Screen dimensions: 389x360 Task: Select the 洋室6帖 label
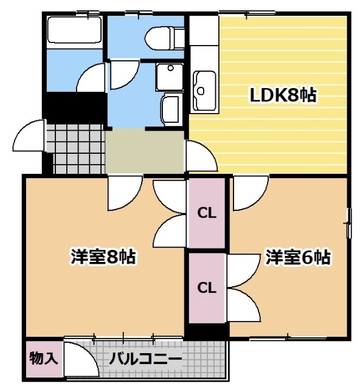(x=297, y=257)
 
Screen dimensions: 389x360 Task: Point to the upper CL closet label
(x=207, y=213)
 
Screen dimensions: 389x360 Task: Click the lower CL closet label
(x=207, y=287)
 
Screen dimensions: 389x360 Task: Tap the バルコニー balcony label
(x=145, y=359)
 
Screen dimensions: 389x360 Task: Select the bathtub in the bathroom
(x=74, y=30)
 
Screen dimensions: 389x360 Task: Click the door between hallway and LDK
(x=200, y=157)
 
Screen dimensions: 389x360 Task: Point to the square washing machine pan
(x=168, y=76)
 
